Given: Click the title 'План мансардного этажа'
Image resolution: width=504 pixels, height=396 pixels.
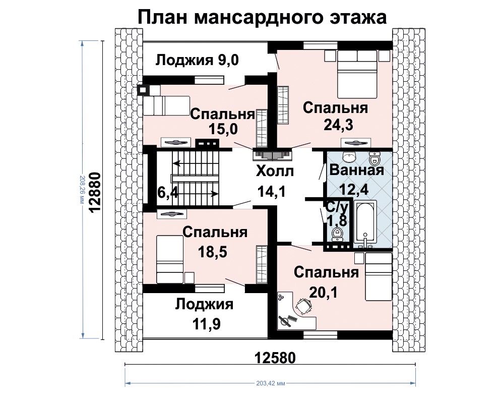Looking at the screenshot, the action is click(262, 17).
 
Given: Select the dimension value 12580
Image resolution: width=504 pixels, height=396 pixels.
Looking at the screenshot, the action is click(275, 357).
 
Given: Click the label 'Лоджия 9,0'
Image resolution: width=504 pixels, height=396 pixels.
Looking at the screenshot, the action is click(198, 60).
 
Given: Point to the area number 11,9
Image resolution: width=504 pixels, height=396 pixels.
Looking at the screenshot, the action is click(206, 324).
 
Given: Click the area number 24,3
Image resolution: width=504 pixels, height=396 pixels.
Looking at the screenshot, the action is click(338, 125).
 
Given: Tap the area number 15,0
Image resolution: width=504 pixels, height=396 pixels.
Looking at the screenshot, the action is click(223, 129).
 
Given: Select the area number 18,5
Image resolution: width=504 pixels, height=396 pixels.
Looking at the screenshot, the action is click(213, 252).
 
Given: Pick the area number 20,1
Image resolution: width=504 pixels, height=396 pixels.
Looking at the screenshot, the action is click(324, 293).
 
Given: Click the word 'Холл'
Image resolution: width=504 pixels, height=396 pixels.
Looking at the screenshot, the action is click(275, 172).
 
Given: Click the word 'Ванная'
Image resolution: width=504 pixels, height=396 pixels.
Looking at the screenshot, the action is click(357, 170).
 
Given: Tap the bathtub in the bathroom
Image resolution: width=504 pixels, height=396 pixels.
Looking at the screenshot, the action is click(365, 222).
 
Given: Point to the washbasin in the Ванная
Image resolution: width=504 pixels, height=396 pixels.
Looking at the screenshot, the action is click(349, 157).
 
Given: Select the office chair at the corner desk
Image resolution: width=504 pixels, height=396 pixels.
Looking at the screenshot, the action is click(303, 306).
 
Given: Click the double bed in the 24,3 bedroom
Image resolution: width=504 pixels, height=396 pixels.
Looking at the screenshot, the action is click(357, 74).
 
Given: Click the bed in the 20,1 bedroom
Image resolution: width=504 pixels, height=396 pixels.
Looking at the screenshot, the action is click(379, 276).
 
